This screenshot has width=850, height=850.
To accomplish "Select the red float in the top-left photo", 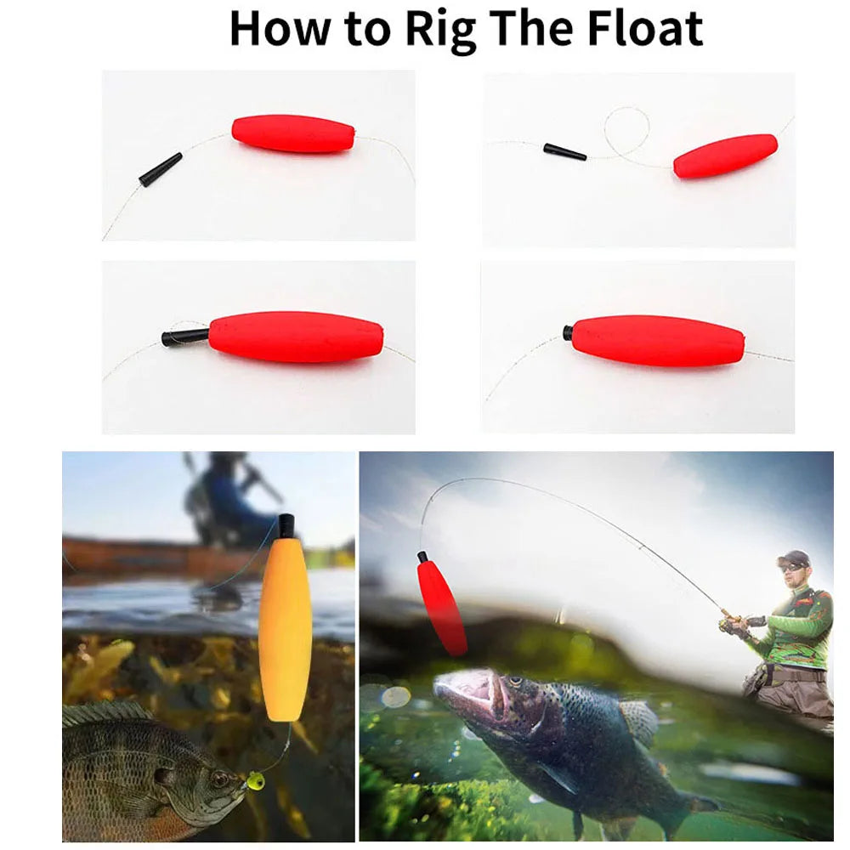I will click(293, 133).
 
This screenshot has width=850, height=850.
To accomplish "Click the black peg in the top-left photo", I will click(161, 169).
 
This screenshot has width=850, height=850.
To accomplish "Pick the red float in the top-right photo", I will click(725, 156).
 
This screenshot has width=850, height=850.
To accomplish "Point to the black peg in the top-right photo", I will click(564, 152).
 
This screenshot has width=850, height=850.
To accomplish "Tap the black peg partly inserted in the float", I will click(184, 336).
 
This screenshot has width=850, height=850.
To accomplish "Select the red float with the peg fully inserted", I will click(658, 341).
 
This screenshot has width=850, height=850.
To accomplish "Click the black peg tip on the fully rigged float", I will click(567, 332).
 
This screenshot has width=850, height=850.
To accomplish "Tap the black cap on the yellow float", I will click(286, 526).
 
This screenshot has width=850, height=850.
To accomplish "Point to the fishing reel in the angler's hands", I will click(732, 625).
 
